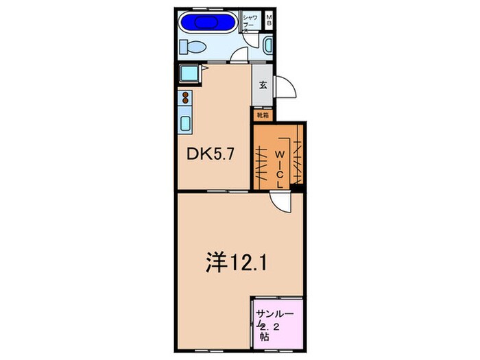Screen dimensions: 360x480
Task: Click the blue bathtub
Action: click(206, 21)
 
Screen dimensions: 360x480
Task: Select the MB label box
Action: click(269, 20)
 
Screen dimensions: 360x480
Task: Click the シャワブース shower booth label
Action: click(250, 23)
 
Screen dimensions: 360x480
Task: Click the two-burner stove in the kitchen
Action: click(184, 97)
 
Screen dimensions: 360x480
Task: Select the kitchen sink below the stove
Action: click(185, 123)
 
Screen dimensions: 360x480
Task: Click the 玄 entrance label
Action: click(263, 85)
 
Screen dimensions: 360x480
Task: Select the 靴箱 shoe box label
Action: click(262, 116)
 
